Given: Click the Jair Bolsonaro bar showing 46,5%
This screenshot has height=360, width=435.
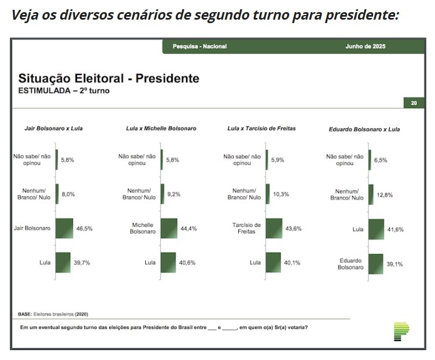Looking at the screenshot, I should pyautogui.click(x=64, y=228).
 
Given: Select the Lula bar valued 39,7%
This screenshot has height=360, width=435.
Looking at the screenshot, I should pyautogui.click(x=62, y=262).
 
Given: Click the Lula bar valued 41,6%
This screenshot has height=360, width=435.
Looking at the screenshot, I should pyautogui.click(x=376, y=229).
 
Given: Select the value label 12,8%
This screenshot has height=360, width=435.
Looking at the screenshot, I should pyautogui.click(x=385, y=195).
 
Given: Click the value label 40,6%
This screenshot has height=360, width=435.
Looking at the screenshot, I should pyautogui.click(x=188, y=262).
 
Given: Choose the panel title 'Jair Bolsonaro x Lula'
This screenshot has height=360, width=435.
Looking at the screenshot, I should pyautogui.click(x=53, y=128).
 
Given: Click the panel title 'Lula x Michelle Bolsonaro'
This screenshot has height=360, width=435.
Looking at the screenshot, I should pyautogui.click(x=161, y=128).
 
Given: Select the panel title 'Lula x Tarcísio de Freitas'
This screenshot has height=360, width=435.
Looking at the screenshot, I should pyautogui.click(x=261, y=128).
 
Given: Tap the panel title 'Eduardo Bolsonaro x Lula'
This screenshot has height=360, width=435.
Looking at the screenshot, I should pyautogui.click(x=364, y=129).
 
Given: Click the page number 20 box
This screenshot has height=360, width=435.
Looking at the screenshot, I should pyautogui.click(x=414, y=103).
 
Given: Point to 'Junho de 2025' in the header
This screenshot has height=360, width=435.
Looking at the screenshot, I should pyautogui.click(x=365, y=46).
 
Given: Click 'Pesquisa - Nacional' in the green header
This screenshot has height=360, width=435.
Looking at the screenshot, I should pyautogui.click(x=200, y=46).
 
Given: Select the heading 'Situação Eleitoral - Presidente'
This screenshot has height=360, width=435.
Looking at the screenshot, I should pyautogui.click(x=109, y=79).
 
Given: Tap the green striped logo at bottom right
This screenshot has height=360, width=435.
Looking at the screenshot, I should pyautogui.click(x=401, y=331).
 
